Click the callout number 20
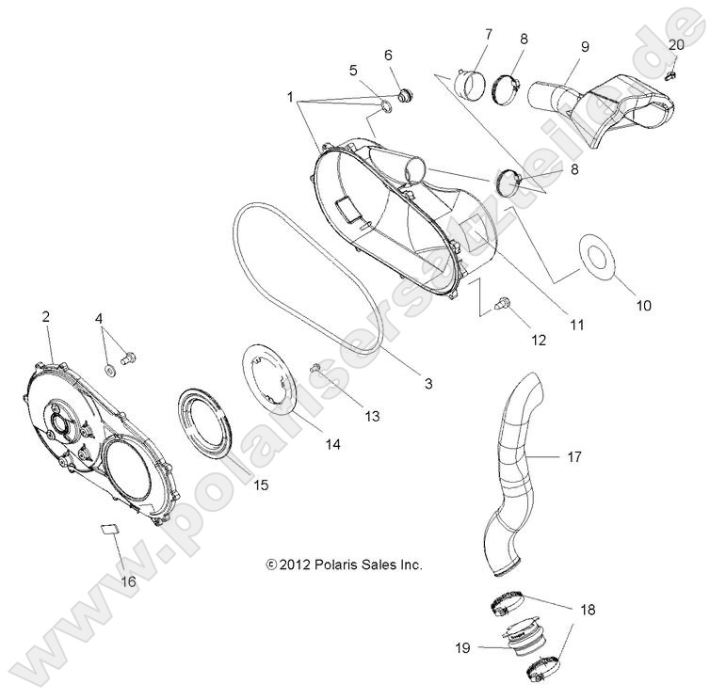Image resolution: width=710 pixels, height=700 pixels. (x=676, y=45)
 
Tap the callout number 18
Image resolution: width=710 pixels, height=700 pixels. (x=588, y=610)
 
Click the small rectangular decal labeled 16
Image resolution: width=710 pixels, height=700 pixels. (x=111, y=529)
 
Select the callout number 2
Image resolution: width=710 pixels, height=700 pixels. (x=45, y=317)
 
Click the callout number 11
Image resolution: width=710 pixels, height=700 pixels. (x=576, y=325)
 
